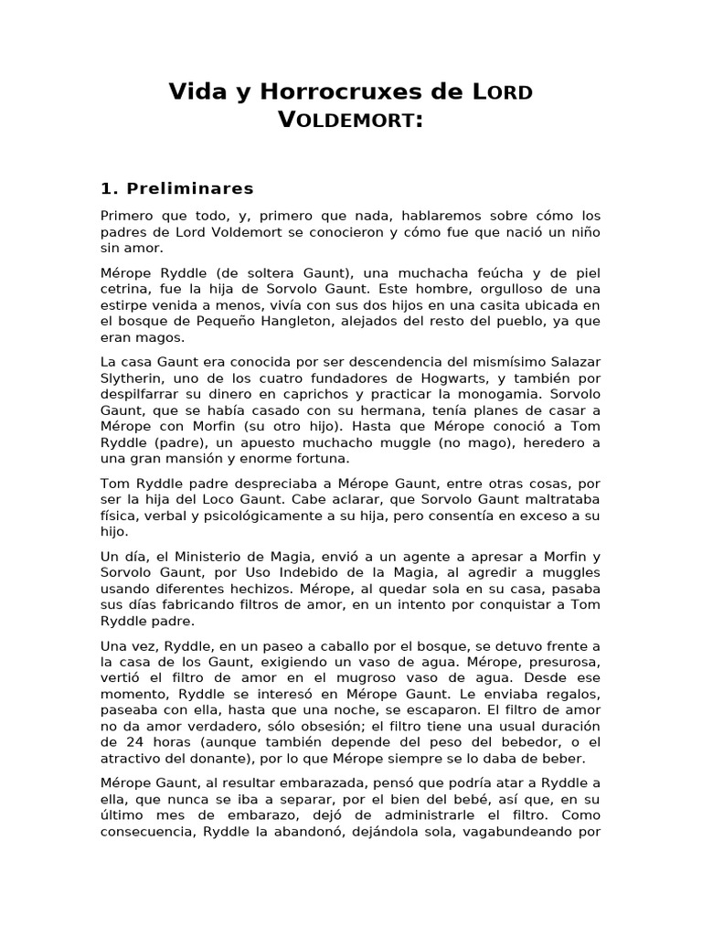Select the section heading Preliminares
(190, 189)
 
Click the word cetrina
(127, 291)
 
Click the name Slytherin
(133, 379)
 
